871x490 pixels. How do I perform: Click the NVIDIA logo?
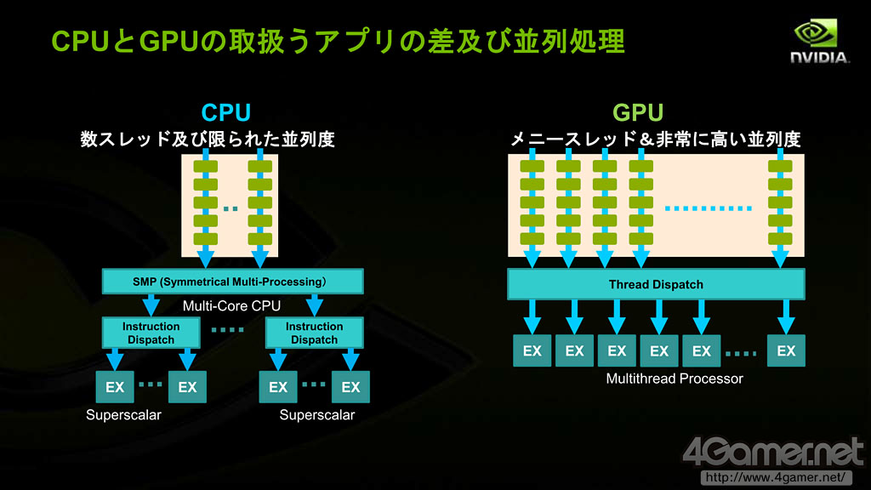pyautogui.click(x=819, y=41)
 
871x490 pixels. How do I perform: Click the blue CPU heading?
pyautogui.click(x=226, y=113)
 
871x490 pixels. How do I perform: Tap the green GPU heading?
pyautogui.click(x=638, y=113)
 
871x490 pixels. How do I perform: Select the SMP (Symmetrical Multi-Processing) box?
pyautogui.click(x=233, y=282)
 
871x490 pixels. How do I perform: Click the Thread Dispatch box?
pyautogui.click(x=656, y=284)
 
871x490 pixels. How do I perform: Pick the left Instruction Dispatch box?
pyautogui.click(x=151, y=333)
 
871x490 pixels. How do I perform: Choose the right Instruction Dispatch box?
pyautogui.click(x=315, y=333)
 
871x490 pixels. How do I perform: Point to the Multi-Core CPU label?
pyautogui.click(x=231, y=306)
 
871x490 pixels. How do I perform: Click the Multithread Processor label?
pyautogui.click(x=675, y=379)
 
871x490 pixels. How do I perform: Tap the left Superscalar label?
pyautogui.click(x=124, y=415)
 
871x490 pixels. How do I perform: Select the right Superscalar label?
pyautogui.click(x=317, y=415)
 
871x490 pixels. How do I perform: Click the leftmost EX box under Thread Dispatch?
pyautogui.click(x=532, y=350)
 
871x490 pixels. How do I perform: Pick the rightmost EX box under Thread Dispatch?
pyautogui.click(x=786, y=350)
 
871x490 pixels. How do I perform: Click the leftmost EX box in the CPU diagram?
pyautogui.click(x=115, y=387)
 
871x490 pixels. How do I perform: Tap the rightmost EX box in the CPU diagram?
pyautogui.click(x=350, y=387)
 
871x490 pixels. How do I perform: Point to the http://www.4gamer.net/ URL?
pyautogui.click(x=776, y=478)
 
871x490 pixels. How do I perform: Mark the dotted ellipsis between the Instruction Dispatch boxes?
pyautogui.click(x=228, y=330)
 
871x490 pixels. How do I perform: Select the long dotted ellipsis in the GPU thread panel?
pyautogui.click(x=709, y=209)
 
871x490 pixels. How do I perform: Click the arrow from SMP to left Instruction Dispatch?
pyautogui.click(x=151, y=305)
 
